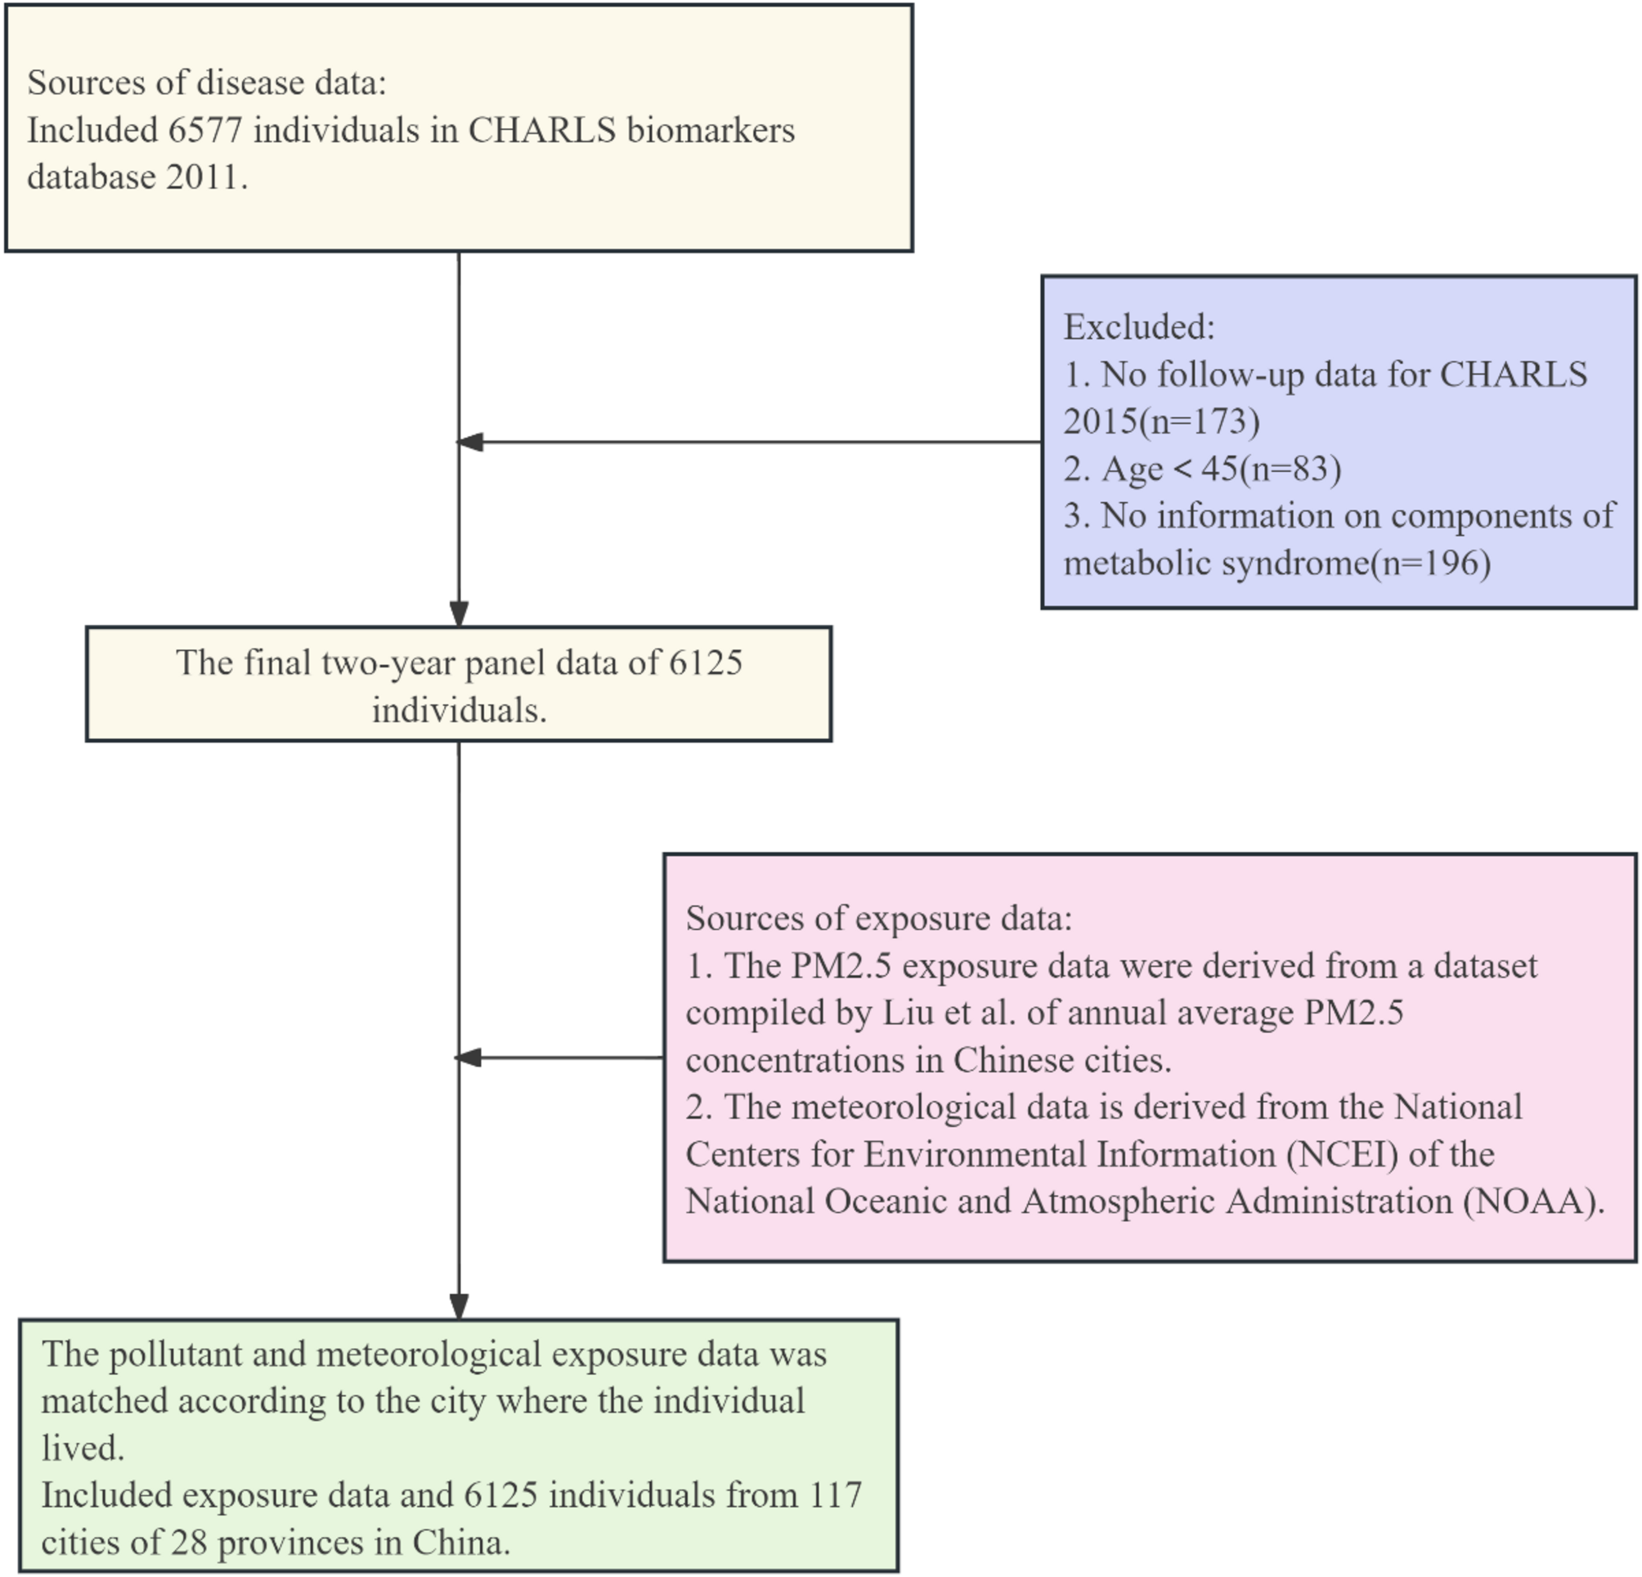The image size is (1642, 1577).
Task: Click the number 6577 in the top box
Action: [x=205, y=131]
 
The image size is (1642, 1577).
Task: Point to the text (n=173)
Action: [x=1200, y=420]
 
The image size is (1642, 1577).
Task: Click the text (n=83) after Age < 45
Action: [x=1290, y=469]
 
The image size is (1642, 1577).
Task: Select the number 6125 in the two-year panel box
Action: [x=706, y=663]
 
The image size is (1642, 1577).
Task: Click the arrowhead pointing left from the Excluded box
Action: [x=469, y=442]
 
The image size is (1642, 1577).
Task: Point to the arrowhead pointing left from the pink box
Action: [x=468, y=1058]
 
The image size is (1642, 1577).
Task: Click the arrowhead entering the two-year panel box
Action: [x=459, y=614]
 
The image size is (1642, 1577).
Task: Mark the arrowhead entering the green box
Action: [x=459, y=1306]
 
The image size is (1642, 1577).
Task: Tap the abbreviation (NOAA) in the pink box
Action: [x=1533, y=1201]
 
